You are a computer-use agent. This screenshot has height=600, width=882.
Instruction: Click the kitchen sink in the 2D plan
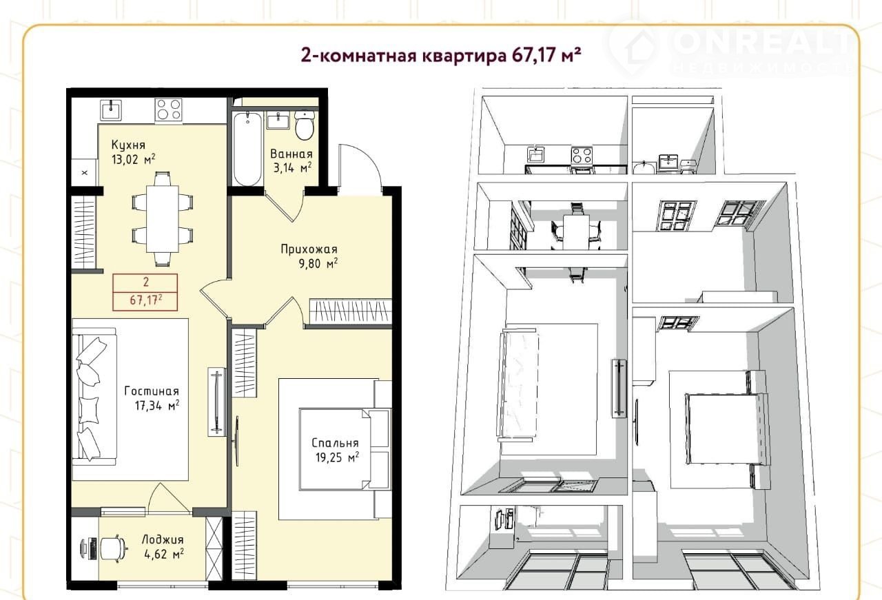tap(112, 110)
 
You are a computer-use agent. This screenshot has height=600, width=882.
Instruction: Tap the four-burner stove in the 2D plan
tap(169, 110)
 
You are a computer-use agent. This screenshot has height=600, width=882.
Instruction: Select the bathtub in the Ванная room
tap(247, 148)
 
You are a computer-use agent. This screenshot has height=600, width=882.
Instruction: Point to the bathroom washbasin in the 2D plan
tap(278, 121)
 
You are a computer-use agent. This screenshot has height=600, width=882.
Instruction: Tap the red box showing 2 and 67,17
tap(145, 292)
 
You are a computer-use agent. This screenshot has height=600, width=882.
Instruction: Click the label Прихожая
tap(309, 249)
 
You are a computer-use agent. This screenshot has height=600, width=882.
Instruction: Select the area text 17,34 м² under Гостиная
tap(157, 406)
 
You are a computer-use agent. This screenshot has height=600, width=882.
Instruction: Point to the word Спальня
tap(335, 443)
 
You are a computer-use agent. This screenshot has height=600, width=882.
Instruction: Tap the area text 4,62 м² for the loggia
tap(164, 555)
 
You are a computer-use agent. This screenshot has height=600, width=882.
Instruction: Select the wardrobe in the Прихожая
tap(351, 311)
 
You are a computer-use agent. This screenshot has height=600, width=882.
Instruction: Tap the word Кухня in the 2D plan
tap(128, 145)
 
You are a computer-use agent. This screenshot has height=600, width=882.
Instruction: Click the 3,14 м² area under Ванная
tap(293, 168)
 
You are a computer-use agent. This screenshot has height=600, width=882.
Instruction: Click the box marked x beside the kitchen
tap(84, 172)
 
